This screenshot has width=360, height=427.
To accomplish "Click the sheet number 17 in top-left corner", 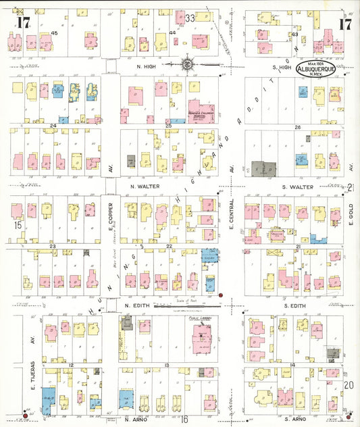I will (24, 24).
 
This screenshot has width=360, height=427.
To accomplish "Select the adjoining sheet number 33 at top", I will (190, 17).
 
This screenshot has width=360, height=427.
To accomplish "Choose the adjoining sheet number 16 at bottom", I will (183, 420).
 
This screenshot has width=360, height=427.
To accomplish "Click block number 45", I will (53, 33).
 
